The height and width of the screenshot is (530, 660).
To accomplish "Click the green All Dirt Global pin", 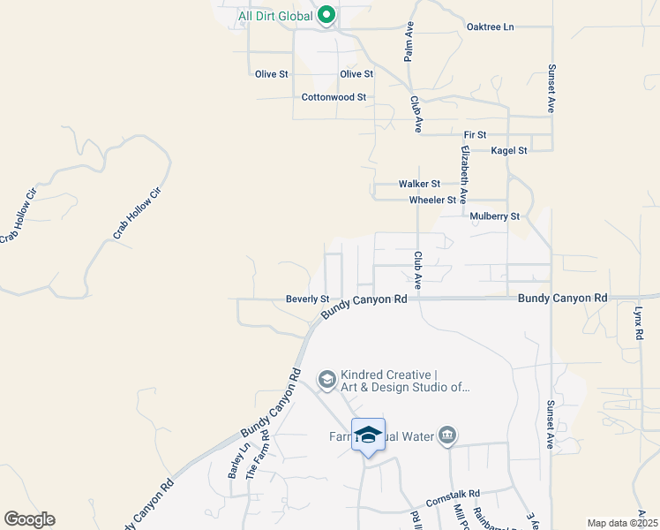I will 326,15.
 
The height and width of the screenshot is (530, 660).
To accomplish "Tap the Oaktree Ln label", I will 490,27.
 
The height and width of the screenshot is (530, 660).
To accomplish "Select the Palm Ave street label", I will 409,42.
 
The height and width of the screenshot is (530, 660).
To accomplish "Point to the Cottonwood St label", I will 334,97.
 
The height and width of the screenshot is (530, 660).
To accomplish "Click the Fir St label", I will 475,134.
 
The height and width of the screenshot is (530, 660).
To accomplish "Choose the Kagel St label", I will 509,150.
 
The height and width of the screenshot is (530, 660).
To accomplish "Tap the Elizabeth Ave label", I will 462,175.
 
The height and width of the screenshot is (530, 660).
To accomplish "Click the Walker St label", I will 419,184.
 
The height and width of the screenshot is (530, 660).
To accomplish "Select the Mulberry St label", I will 495,216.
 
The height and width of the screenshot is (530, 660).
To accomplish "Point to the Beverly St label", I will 307,299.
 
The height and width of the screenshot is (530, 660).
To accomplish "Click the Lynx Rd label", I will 638,325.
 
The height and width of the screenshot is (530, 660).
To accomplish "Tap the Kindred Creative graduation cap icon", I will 326,380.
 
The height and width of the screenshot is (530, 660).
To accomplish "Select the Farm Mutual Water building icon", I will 447,435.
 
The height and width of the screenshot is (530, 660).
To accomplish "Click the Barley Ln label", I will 235,460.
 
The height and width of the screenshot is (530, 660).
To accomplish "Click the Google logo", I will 29,519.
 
